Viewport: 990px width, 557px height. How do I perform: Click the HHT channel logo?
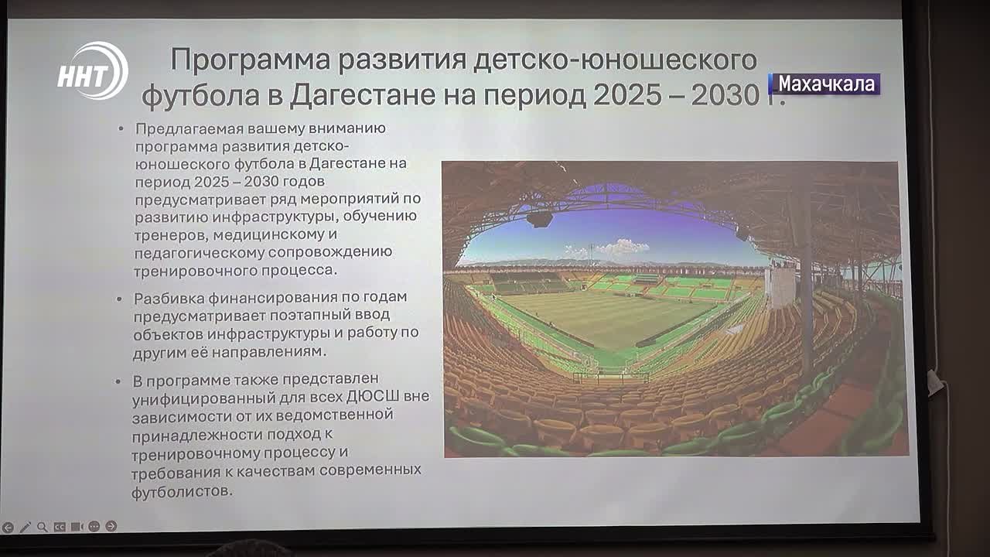[x=93, y=70]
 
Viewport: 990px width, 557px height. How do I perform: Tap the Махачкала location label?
[x=824, y=84]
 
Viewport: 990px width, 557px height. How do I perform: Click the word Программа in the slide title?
[x=250, y=60]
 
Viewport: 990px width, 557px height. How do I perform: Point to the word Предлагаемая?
[x=189, y=128]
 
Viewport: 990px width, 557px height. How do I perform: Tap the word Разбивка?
[x=169, y=298]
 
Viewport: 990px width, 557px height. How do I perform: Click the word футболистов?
[x=182, y=491]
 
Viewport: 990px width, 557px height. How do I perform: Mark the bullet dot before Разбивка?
[x=119, y=299]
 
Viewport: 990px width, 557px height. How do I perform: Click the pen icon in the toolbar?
[x=26, y=527]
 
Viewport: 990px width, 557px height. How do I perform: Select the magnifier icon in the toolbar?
[x=43, y=527]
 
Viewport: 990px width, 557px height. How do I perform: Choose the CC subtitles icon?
[x=60, y=527]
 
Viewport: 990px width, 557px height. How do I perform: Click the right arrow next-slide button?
[x=111, y=526]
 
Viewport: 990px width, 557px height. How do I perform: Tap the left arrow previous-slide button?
[x=8, y=528]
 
